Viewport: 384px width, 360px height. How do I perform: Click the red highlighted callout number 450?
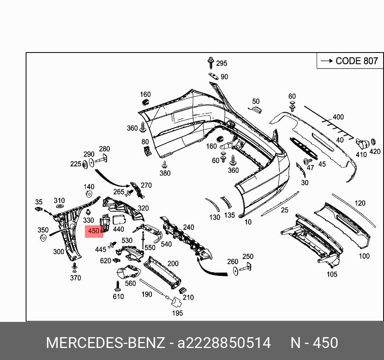[94, 231]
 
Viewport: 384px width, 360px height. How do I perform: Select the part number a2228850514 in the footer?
[224, 343]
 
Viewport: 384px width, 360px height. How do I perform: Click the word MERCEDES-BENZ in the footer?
[105, 343]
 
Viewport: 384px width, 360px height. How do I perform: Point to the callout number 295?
[221, 63]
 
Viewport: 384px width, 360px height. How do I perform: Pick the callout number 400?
[338, 117]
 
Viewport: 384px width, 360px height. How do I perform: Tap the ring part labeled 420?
[373, 142]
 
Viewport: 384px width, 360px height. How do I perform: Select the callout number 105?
[332, 274]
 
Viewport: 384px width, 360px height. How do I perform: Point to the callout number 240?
[188, 227]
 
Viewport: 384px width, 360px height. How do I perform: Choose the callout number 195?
[177, 313]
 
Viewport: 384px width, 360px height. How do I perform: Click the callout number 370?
[75, 278]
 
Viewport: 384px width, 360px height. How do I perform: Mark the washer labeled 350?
[42, 239]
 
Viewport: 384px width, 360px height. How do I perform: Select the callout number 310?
[59, 200]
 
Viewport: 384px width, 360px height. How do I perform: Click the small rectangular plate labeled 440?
[119, 219]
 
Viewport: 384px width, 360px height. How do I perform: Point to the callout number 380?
[165, 173]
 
